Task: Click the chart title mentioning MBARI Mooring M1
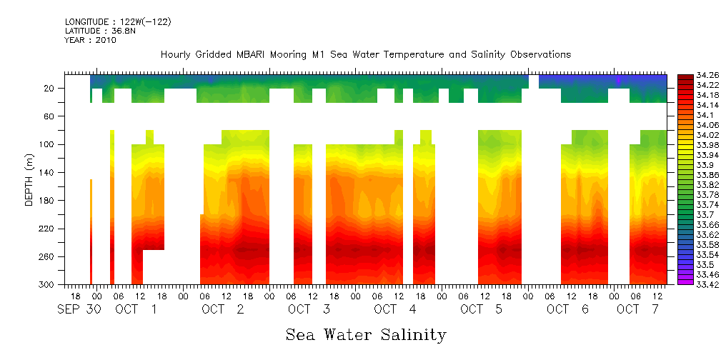pyautogui.click(x=365, y=55)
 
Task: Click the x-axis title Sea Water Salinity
pyautogui.click(x=366, y=335)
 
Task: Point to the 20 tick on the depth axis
pyautogui.click(x=50, y=89)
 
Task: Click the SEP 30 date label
pyautogui.click(x=80, y=310)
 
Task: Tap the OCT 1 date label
pyautogui.click(x=136, y=310)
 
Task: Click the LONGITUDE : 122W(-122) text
pyautogui.click(x=118, y=22)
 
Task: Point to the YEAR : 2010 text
pyautogui.click(x=90, y=41)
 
